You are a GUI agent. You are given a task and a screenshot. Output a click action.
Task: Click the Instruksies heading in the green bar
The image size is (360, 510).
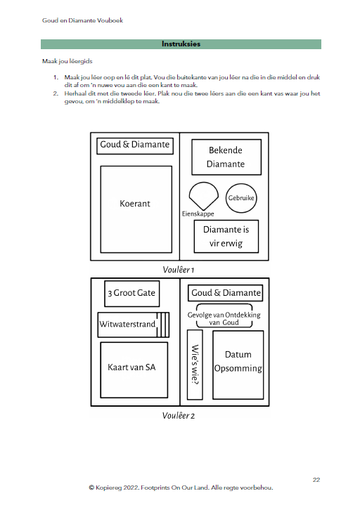coord(181,44)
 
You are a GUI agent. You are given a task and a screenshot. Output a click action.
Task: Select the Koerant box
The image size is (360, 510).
coord(136,209)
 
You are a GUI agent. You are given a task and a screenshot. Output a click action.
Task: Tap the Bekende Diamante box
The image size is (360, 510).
coord(226,157)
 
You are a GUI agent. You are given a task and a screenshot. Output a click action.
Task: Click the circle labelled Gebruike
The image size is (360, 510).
coord(241,198)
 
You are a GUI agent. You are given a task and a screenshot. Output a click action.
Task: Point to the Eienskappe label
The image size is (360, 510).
coord(198,214)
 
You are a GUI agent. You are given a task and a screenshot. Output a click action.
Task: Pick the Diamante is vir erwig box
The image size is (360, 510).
coord(226,237)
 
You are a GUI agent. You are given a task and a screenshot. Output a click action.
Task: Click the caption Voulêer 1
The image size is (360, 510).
coord(179,270)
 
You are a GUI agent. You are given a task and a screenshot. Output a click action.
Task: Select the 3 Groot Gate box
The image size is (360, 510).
coord(131,294)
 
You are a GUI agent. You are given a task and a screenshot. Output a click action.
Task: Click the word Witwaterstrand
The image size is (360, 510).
coord(127,325)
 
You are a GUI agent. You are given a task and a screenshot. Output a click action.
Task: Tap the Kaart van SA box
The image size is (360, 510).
coord(134,370)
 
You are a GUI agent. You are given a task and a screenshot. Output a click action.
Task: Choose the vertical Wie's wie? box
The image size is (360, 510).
coord(195,365)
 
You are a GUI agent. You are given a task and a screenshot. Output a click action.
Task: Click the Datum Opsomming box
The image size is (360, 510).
coord(238,365)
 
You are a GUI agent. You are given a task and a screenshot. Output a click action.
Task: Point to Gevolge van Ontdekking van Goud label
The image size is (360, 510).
coord(224,319)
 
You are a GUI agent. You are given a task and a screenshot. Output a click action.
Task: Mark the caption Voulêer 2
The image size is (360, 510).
coord(179,416)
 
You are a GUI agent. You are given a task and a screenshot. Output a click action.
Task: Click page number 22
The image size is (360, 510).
coord(316,480)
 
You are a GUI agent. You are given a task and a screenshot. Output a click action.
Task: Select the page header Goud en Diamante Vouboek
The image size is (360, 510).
coord(82,20)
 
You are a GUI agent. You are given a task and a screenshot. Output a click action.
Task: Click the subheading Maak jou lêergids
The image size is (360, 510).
coord(67,61)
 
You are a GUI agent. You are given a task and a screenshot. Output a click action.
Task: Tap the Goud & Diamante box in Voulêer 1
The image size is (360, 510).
coord(135,146)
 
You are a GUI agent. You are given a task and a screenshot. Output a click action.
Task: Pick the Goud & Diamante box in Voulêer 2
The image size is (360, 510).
coord(225,293)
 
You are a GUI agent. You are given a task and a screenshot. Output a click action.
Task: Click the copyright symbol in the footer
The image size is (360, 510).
coord(91,488)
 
